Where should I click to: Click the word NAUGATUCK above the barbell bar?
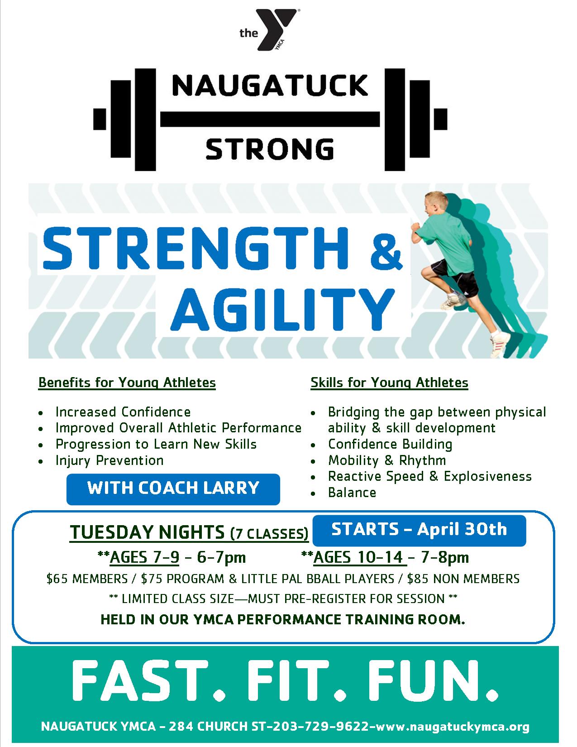[270, 86]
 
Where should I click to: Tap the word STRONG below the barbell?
[270, 149]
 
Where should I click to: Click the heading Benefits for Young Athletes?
[127, 383]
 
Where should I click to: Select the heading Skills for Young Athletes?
[389, 383]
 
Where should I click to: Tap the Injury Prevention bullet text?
[110, 460]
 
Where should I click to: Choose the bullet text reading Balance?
[352, 493]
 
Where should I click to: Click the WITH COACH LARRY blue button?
[173, 488]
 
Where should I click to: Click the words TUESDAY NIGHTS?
[147, 532]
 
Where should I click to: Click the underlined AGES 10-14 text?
[358, 557]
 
